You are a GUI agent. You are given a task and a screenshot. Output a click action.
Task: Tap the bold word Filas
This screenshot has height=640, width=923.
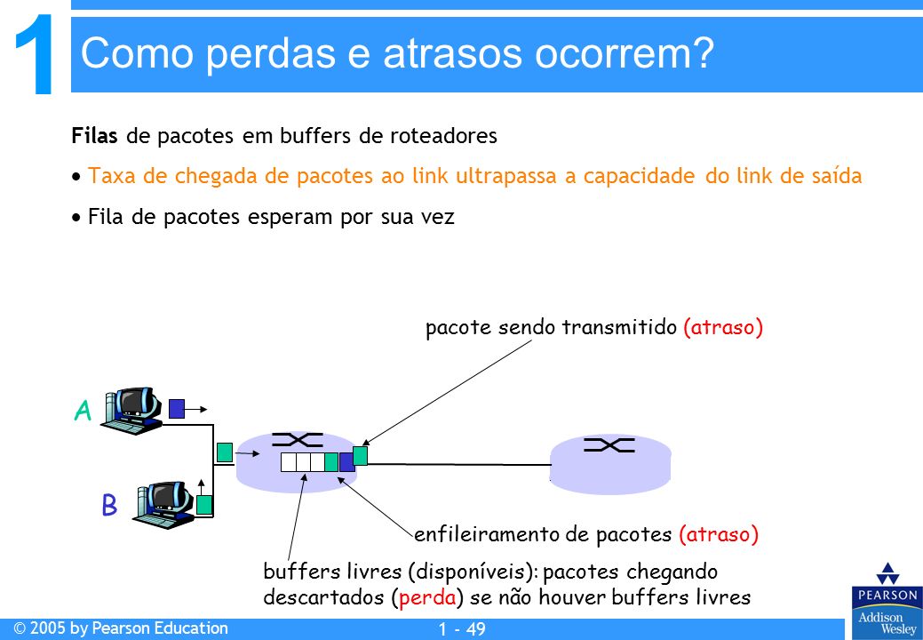coord(94,135)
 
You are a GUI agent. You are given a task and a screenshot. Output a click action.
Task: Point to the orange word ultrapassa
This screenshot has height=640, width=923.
coord(505,176)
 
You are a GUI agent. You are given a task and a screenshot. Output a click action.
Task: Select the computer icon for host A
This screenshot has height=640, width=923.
coord(131,411)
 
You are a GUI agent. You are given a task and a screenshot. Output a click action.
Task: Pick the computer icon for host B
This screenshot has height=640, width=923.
coord(163,503)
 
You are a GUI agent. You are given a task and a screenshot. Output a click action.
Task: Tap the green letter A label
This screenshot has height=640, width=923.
coord(83,411)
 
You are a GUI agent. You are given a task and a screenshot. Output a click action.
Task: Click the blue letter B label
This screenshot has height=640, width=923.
coord(109,505)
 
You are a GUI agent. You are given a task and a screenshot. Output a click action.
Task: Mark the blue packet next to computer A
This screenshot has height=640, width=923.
coord(177,409)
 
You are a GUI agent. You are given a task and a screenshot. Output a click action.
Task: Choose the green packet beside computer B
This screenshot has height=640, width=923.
coord(204,505)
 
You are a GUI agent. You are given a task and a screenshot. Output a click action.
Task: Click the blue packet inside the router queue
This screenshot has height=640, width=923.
coord(346,462)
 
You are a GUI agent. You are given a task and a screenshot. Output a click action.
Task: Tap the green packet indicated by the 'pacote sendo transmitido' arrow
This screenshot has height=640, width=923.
coord(361,456)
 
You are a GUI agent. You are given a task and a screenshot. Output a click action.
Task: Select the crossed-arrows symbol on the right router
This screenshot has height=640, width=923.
coord(609,444)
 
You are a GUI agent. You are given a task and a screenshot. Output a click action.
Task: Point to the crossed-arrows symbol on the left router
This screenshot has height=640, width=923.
coord(298,440)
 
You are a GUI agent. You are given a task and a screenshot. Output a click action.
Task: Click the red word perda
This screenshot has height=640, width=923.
coord(427,597)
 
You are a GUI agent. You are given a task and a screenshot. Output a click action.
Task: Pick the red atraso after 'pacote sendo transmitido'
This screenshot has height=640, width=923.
coord(723,327)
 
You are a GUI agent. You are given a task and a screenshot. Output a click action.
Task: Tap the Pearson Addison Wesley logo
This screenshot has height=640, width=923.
coord(887,599)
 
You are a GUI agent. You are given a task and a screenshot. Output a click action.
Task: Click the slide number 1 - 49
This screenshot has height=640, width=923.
coord(462,629)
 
